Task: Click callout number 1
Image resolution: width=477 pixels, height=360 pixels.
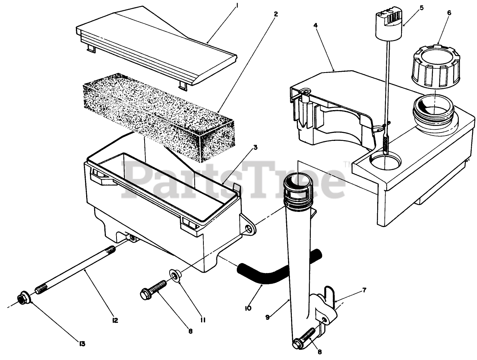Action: coord(237,6)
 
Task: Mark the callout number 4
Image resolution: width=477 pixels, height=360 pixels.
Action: coord(315,25)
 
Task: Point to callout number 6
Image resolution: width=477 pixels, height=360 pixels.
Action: coord(449,13)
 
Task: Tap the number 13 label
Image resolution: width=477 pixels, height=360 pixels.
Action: coord(82,344)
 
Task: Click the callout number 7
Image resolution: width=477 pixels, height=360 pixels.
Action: coord(364,290)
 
